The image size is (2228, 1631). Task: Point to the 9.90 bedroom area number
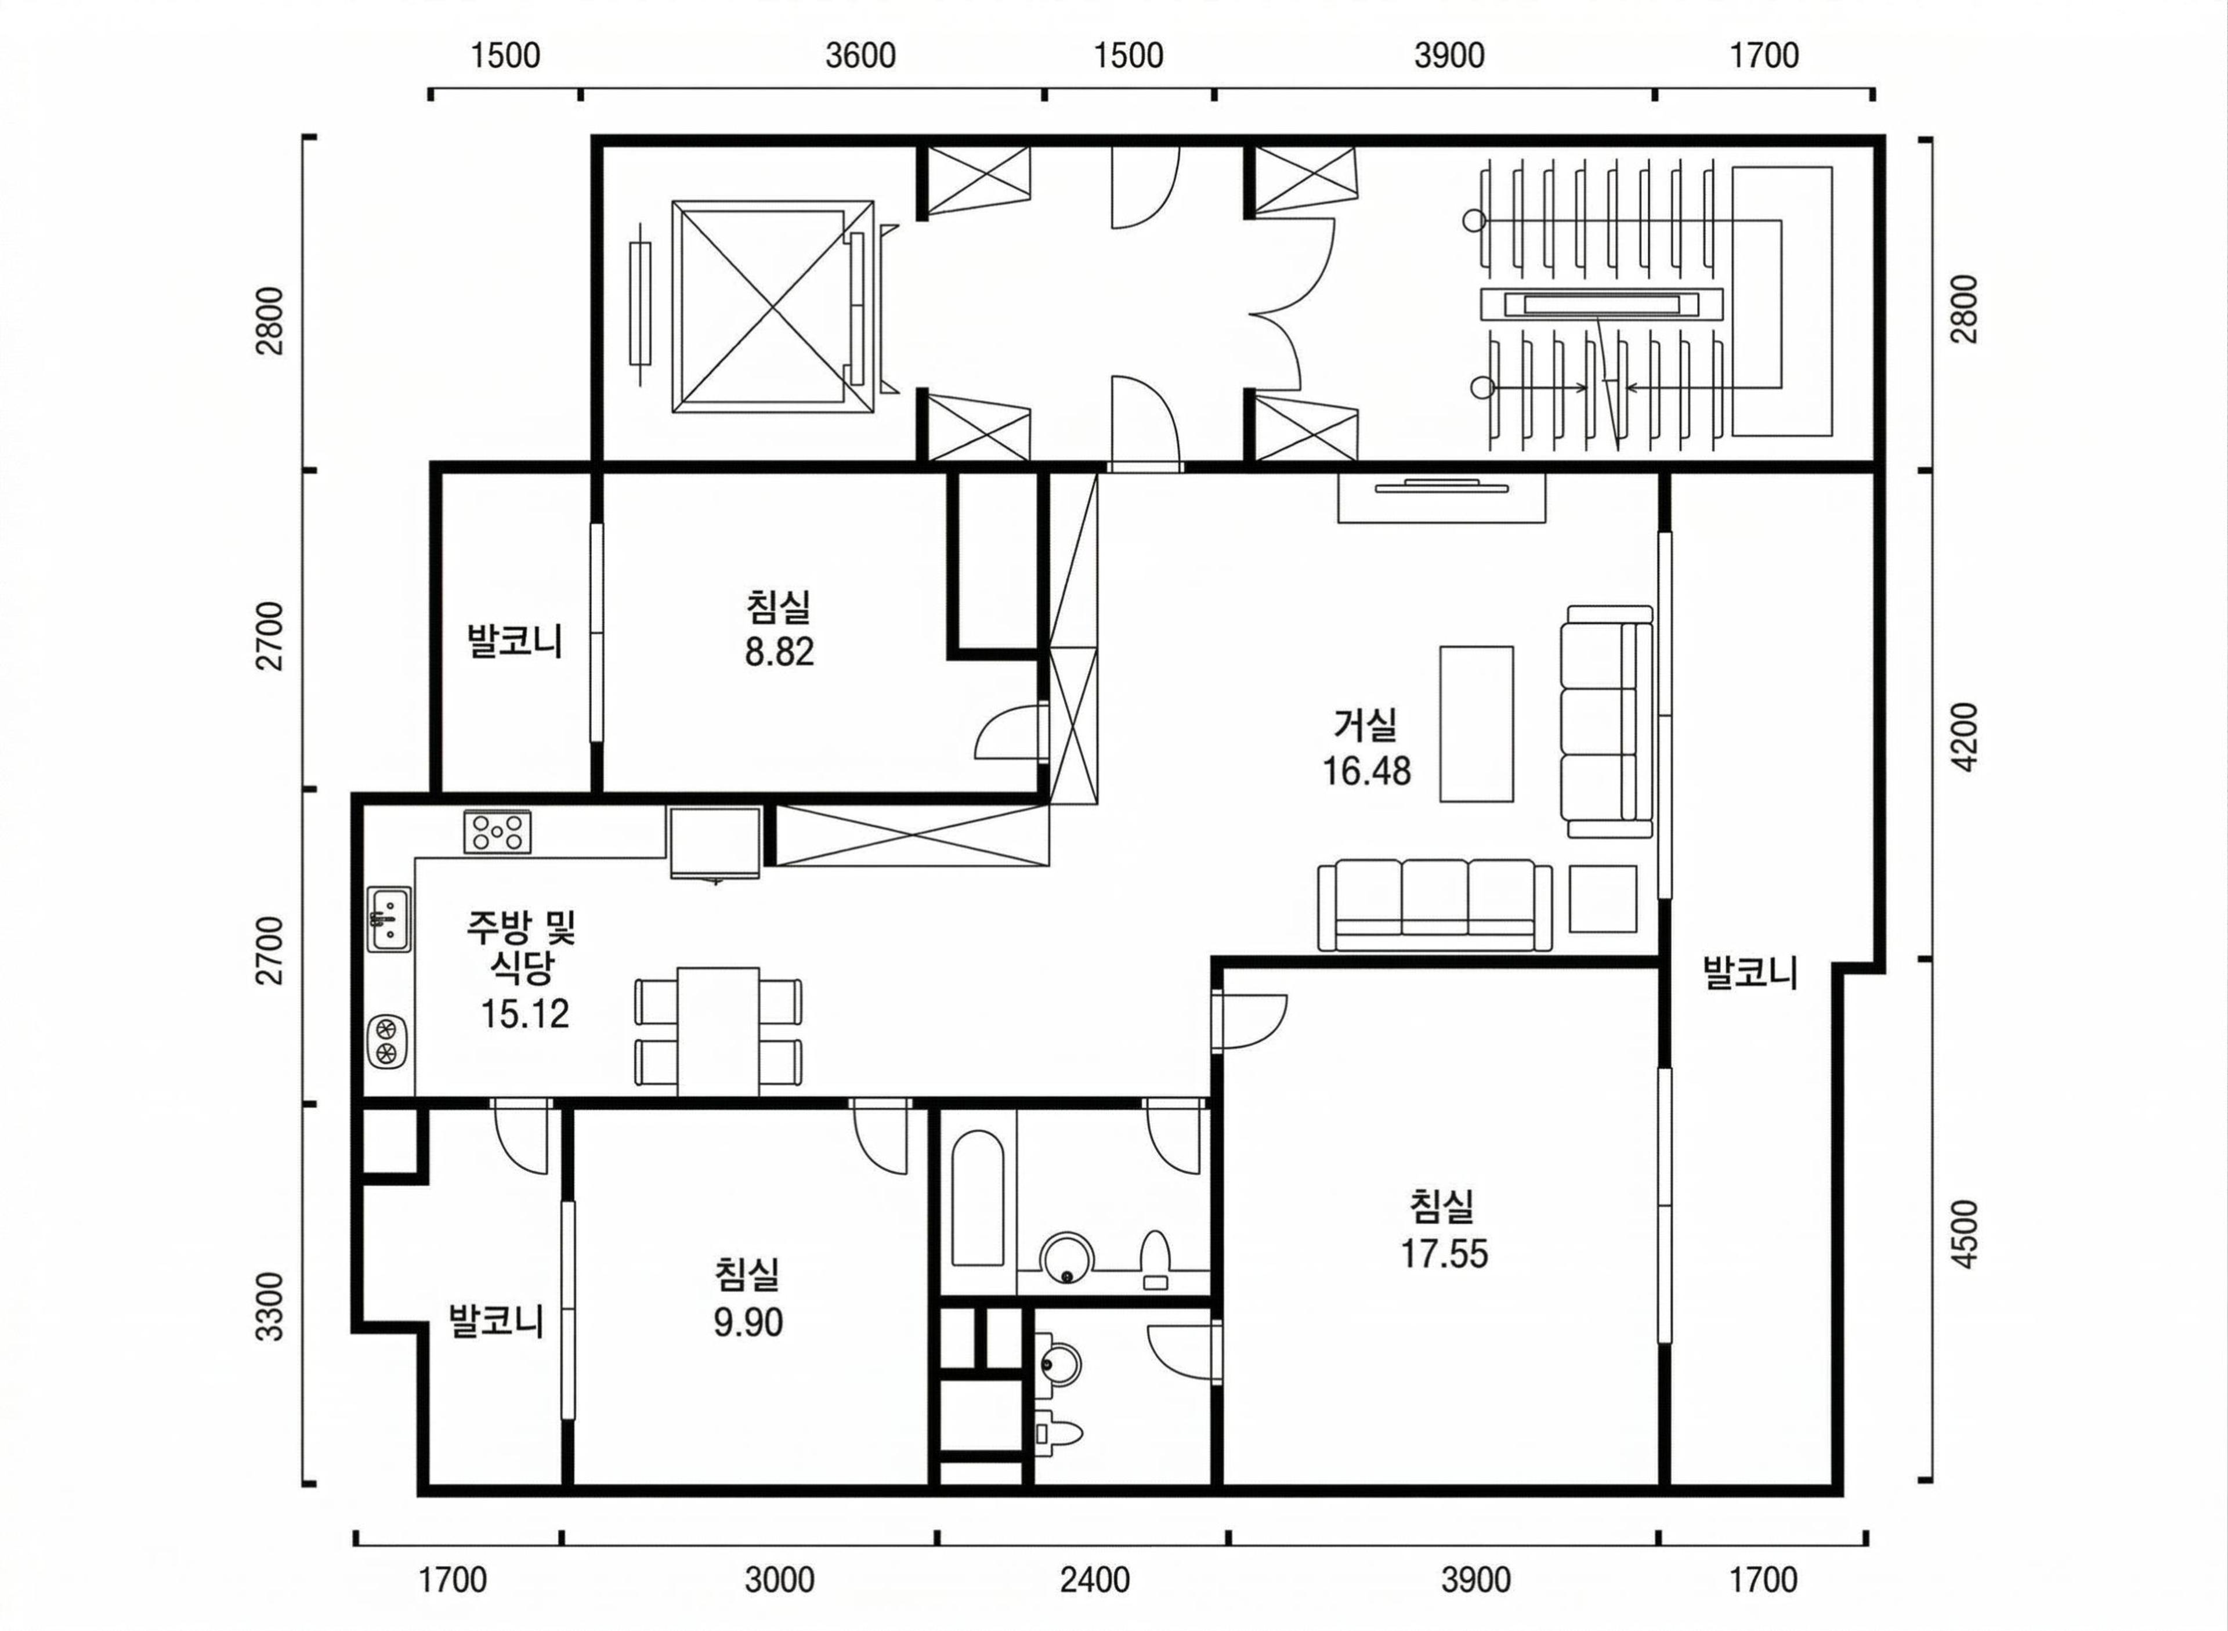click(748, 1322)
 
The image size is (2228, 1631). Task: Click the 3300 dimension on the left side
click(269, 1307)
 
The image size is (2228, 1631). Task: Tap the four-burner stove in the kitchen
click(497, 831)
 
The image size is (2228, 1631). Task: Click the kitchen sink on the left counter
click(389, 918)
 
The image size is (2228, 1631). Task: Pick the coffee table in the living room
click(1476, 724)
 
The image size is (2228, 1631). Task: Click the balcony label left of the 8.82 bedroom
click(514, 641)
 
